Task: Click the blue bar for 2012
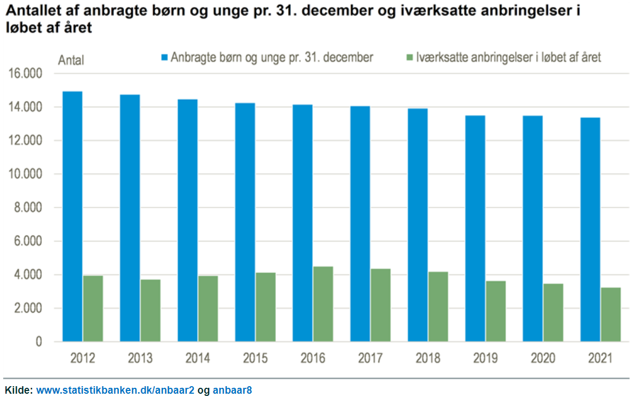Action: pyautogui.click(x=73, y=216)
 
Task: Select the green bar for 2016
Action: pyautogui.click(x=323, y=304)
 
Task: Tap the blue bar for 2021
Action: pyautogui.click(x=590, y=230)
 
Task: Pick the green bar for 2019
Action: pyautogui.click(x=496, y=311)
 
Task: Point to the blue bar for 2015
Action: pyautogui.click(x=245, y=223)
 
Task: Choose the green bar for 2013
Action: pyautogui.click(x=150, y=311)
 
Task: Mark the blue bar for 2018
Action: pyautogui.click(x=418, y=225)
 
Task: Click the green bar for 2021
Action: pyautogui.click(x=611, y=315)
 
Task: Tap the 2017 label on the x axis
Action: pyautogui.click(x=370, y=358)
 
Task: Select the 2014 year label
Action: pyautogui.click(x=198, y=358)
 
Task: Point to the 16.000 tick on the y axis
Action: pyautogui.click(x=25, y=73)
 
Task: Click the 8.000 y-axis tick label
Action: pyautogui.click(x=28, y=208)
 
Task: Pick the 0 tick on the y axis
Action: pyautogui.click(x=39, y=342)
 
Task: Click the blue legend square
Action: pyautogui.click(x=164, y=58)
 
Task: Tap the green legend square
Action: pyautogui.click(x=410, y=58)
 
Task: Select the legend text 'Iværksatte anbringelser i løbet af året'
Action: pyautogui.click(x=509, y=58)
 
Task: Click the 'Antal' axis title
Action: pyautogui.click(x=71, y=60)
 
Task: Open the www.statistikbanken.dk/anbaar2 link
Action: pyautogui.click(x=115, y=390)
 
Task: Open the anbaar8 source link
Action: pyautogui.click(x=232, y=390)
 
